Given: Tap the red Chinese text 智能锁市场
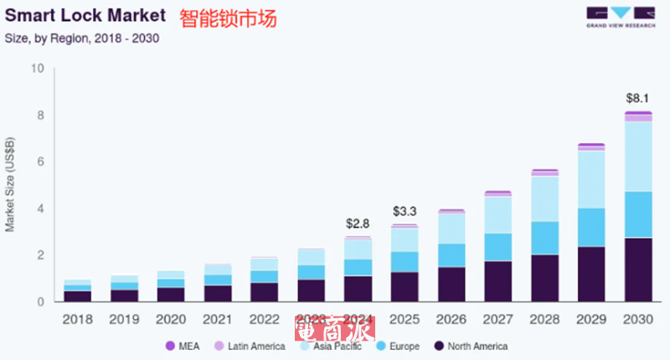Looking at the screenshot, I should [x=228, y=18].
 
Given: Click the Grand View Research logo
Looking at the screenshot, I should [x=620, y=16].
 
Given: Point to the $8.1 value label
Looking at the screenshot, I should [x=638, y=97].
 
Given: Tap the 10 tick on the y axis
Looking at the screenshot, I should [x=37, y=69].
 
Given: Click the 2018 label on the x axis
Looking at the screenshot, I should [x=78, y=319].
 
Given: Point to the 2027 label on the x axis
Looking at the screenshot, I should [x=498, y=319].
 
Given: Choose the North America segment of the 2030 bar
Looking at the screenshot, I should [x=638, y=269].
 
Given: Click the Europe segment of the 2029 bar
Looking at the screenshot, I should [x=591, y=227].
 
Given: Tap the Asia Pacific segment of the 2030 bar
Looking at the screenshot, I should [x=638, y=157].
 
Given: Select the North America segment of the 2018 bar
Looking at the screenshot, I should [x=78, y=296].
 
